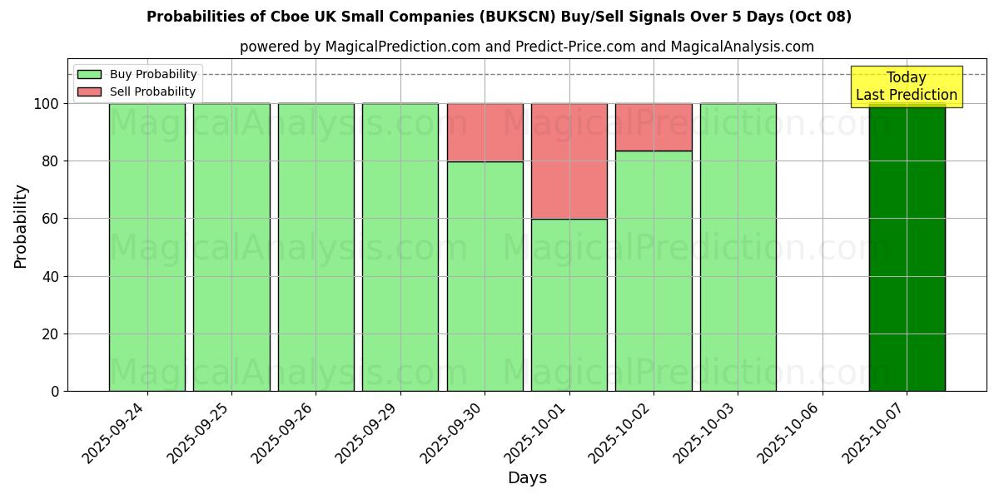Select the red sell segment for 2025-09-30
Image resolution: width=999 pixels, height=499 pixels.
click(485, 132)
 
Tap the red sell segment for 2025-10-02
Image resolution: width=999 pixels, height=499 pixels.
click(654, 127)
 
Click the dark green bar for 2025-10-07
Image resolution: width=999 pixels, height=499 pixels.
click(907, 249)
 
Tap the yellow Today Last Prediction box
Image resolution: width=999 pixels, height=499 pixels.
click(906, 86)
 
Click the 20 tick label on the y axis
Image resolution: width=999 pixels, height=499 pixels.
click(51, 334)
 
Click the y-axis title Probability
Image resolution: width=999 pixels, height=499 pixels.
click(21, 226)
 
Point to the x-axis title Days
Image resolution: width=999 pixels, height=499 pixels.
click(527, 478)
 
